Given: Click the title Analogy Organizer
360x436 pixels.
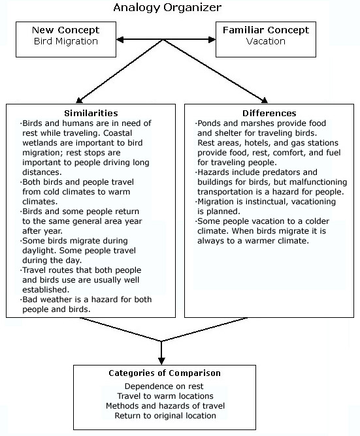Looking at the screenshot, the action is tap(167, 8).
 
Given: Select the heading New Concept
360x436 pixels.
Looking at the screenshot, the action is tap(66, 30).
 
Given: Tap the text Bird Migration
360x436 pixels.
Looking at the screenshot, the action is tap(66, 41).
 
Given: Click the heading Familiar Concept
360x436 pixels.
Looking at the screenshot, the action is tap(266, 30).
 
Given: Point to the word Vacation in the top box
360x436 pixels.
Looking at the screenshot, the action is tap(266, 41).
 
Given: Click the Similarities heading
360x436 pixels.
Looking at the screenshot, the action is tap(91, 113).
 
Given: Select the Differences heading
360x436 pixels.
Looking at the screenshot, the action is tap(269, 113).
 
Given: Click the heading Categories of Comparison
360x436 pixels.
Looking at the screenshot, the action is tap(165, 373).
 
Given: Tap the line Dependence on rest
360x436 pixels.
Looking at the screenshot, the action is tap(164, 386).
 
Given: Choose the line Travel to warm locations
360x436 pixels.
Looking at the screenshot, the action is tap(165, 396).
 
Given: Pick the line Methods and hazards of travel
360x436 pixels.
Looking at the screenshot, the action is tap(165, 406).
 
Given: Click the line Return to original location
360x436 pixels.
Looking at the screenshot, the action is tap(165, 416).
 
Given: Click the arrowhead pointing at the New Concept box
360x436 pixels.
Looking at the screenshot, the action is tap(120, 40).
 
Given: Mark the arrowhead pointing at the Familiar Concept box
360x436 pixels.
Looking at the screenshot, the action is tap(212, 40).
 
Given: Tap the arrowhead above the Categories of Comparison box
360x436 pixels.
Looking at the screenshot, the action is tap(161, 361).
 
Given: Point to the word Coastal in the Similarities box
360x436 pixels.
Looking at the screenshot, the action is tap(118, 133).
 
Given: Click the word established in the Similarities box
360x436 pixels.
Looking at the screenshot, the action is tap(46, 290).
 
